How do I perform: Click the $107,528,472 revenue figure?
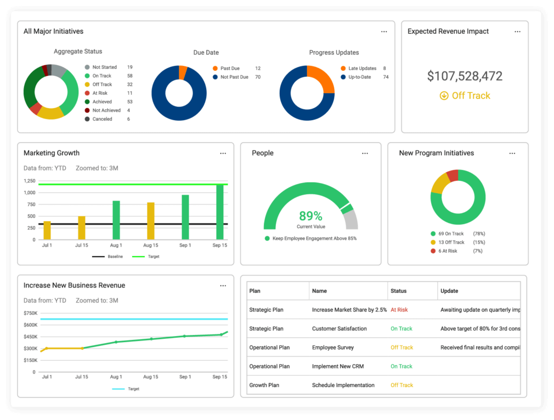click(465, 76)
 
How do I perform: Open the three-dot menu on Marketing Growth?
click(223, 154)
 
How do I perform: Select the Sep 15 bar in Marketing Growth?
click(220, 212)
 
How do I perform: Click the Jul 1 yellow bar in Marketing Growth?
click(47, 230)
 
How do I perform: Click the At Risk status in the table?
click(399, 310)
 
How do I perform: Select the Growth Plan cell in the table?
click(264, 385)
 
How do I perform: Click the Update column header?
click(449, 291)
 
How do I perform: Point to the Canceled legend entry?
click(102, 119)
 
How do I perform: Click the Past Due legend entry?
click(230, 69)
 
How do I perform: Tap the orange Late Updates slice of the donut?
click(322, 78)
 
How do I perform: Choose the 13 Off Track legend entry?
click(451, 242)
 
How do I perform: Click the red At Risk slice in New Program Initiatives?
click(453, 175)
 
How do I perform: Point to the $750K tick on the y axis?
click(30, 313)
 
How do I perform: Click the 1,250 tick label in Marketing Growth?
click(29, 181)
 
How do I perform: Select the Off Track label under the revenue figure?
click(465, 96)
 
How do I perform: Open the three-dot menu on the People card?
click(365, 154)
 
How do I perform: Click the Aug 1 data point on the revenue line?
click(116, 342)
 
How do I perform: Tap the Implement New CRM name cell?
click(338, 366)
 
